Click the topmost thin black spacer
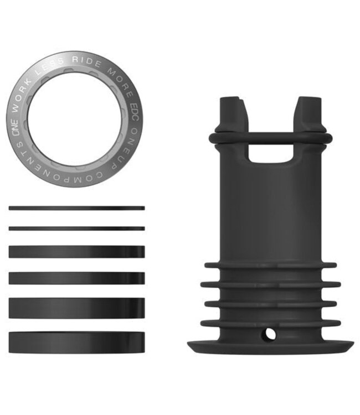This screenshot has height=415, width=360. (76, 208)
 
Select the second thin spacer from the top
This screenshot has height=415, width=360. (76, 228)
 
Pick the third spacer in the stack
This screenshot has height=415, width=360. (76, 252)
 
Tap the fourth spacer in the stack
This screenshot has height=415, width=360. (76, 278)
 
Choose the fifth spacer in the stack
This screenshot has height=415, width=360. (76, 308)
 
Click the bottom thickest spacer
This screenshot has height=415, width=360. (76, 342)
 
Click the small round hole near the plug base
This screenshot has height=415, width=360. (269, 333)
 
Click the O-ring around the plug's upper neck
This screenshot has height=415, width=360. (270, 137)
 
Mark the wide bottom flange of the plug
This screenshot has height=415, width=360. (270, 347)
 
